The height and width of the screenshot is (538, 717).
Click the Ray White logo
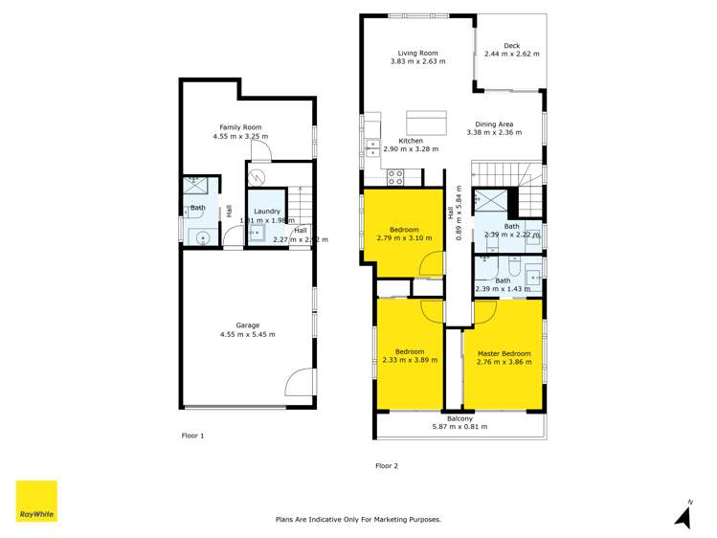[x=36, y=501]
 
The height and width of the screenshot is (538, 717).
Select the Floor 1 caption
[x=192, y=436]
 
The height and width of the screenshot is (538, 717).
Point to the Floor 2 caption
[x=386, y=466]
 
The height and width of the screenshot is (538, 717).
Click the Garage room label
[x=248, y=325]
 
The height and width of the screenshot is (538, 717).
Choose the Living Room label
[x=417, y=53]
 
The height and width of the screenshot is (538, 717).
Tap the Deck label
[x=511, y=45]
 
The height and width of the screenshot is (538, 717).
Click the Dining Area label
[x=495, y=124]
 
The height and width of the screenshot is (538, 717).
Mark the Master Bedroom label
[x=504, y=353]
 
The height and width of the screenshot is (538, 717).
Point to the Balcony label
[x=459, y=418]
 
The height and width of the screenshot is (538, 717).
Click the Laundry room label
[x=266, y=211]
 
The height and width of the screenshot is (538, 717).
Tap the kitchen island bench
[x=426, y=123]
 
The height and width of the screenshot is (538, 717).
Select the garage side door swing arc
[x=299, y=382]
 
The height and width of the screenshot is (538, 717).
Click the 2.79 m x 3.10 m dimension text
[x=403, y=237]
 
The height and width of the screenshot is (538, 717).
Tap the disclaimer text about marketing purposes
[x=358, y=519]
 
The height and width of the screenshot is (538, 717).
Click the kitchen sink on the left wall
[x=371, y=147]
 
